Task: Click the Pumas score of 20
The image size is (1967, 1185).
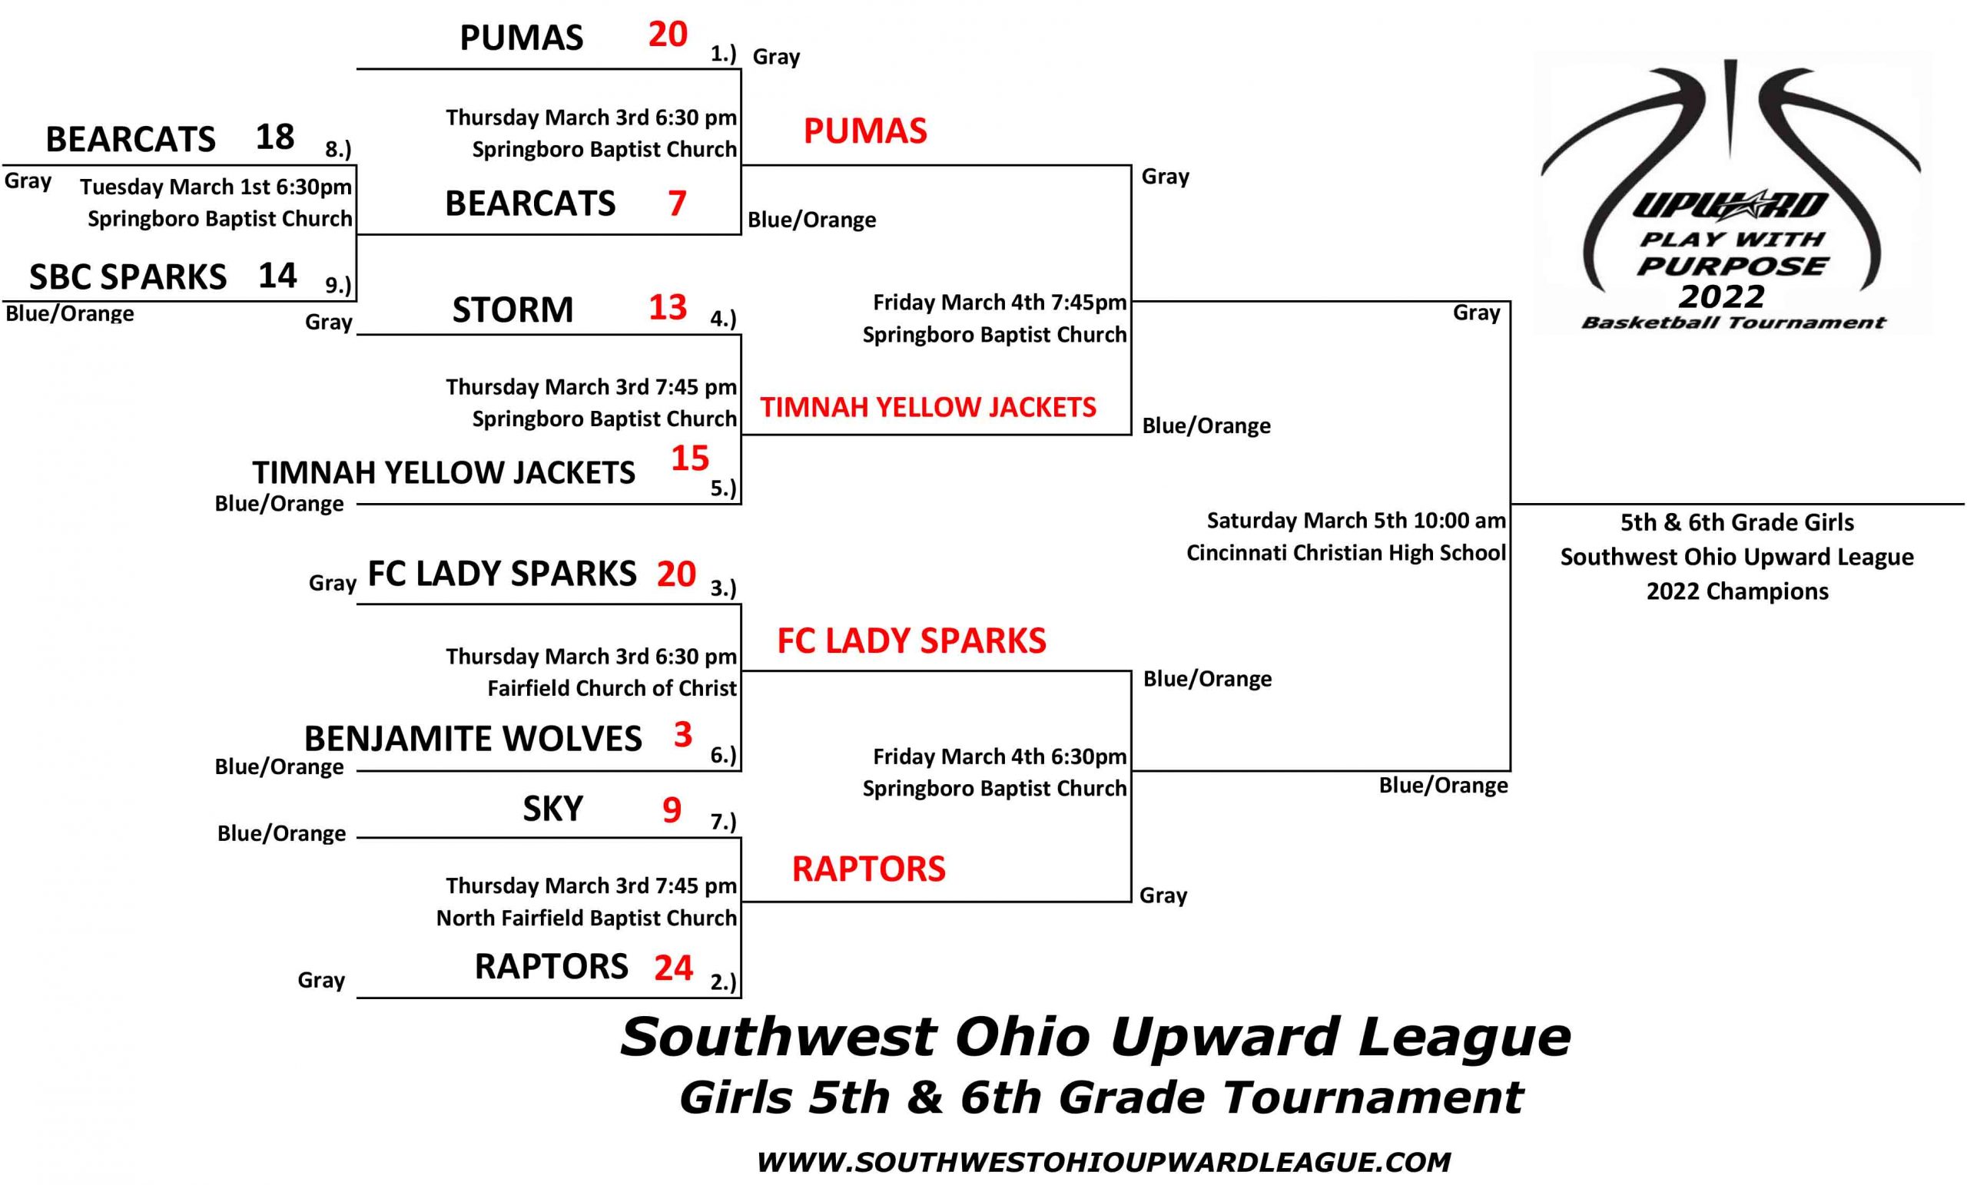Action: [x=668, y=35]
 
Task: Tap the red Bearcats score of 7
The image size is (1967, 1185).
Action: [x=677, y=203]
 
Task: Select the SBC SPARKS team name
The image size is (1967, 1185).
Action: [x=128, y=277]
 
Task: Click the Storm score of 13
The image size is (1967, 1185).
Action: [x=668, y=307]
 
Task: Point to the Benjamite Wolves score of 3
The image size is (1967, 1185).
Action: [x=682, y=734]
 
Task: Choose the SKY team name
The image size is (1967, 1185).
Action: [x=552, y=809]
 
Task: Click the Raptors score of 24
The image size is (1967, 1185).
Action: [x=674, y=967]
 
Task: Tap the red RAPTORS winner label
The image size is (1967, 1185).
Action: [x=868, y=868]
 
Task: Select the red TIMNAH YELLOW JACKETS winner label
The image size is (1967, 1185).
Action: [x=927, y=407]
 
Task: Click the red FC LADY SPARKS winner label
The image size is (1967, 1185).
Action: [x=911, y=640]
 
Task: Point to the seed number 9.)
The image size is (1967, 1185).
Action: [x=337, y=284]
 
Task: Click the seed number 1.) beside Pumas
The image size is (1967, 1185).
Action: [x=723, y=54]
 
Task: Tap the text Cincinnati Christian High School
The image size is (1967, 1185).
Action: [x=1346, y=552]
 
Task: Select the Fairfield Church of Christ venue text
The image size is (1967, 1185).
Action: [x=612, y=688]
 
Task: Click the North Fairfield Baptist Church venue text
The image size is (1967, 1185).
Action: [x=586, y=918]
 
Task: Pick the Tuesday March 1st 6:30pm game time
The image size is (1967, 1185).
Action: [x=216, y=187]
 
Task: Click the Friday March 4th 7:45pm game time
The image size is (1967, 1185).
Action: [x=1000, y=303]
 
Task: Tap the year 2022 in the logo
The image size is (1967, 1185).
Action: [x=1721, y=296]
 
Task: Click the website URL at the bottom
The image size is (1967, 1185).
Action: [x=1103, y=1161]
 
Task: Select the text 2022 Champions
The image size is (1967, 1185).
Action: [x=1737, y=591]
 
